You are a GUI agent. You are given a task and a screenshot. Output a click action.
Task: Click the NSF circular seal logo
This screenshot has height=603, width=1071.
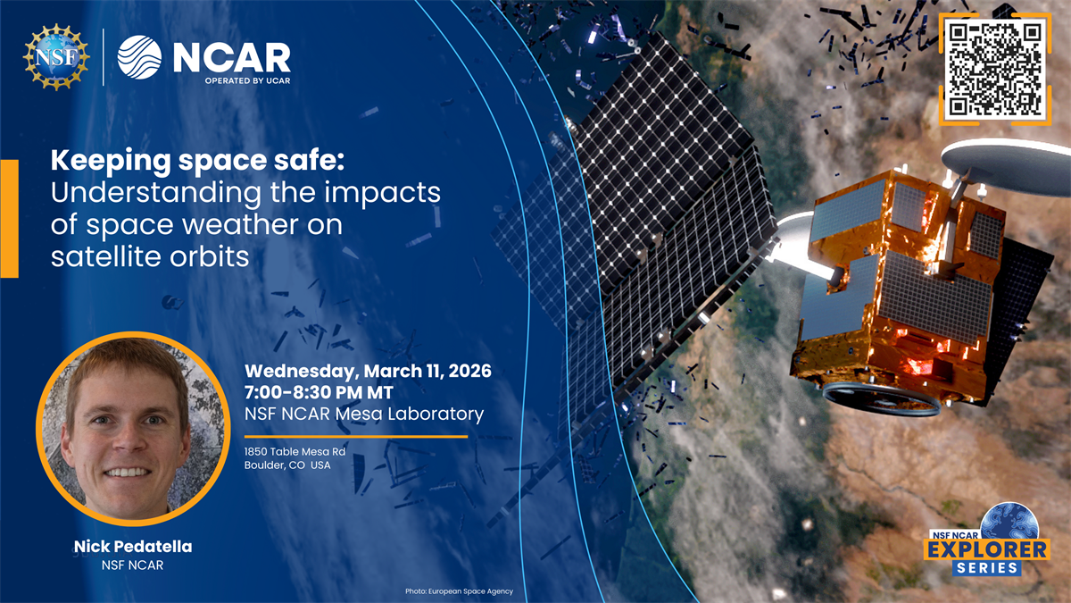(x=55, y=56)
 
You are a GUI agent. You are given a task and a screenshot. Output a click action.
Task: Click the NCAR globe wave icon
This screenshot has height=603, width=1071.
(x=139, y=57)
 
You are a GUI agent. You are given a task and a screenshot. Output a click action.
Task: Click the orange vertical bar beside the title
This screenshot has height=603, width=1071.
(x=9, y=219)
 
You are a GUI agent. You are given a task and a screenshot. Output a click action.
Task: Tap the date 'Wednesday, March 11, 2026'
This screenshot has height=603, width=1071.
(x=368, y=370)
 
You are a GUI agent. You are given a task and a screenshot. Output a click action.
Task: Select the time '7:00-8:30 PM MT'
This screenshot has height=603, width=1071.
(x=320, y=391)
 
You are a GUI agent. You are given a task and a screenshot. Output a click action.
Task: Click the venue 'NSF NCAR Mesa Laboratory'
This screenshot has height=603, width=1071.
(x=363, y=414)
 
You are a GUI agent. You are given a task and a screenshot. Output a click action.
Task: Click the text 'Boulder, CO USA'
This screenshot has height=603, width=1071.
(x=287, y=465)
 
